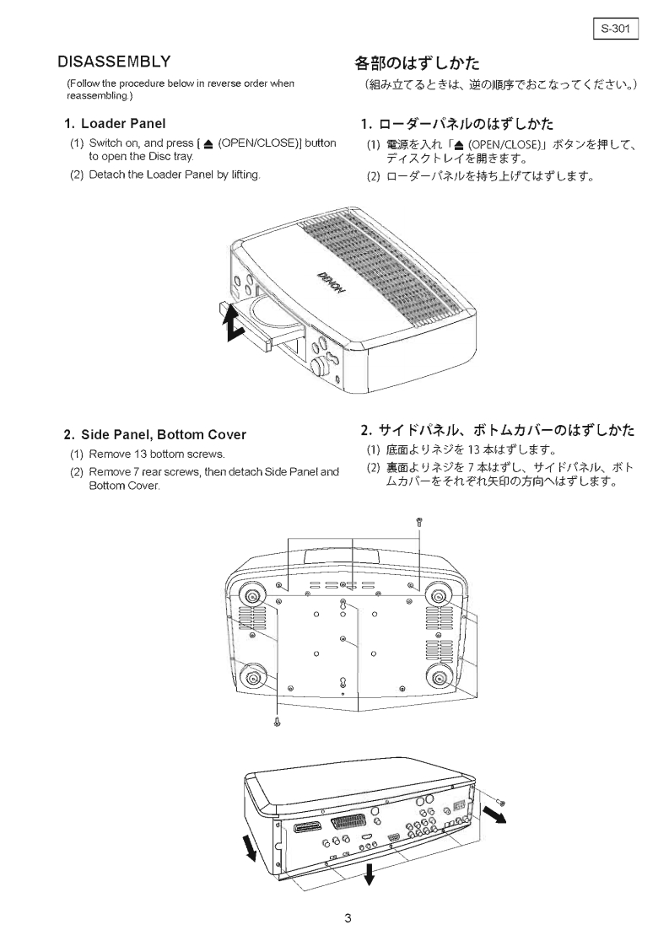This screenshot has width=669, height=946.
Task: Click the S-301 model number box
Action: click(616, 29)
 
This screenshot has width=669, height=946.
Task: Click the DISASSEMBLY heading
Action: click(114, 62)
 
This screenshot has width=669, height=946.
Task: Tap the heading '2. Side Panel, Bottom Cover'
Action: click(155, 435)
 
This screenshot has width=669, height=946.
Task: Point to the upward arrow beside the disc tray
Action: click(228, 319)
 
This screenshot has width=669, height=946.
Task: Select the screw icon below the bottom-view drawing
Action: click(277, 720)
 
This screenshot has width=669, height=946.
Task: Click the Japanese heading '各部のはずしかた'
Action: click(417, 62)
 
